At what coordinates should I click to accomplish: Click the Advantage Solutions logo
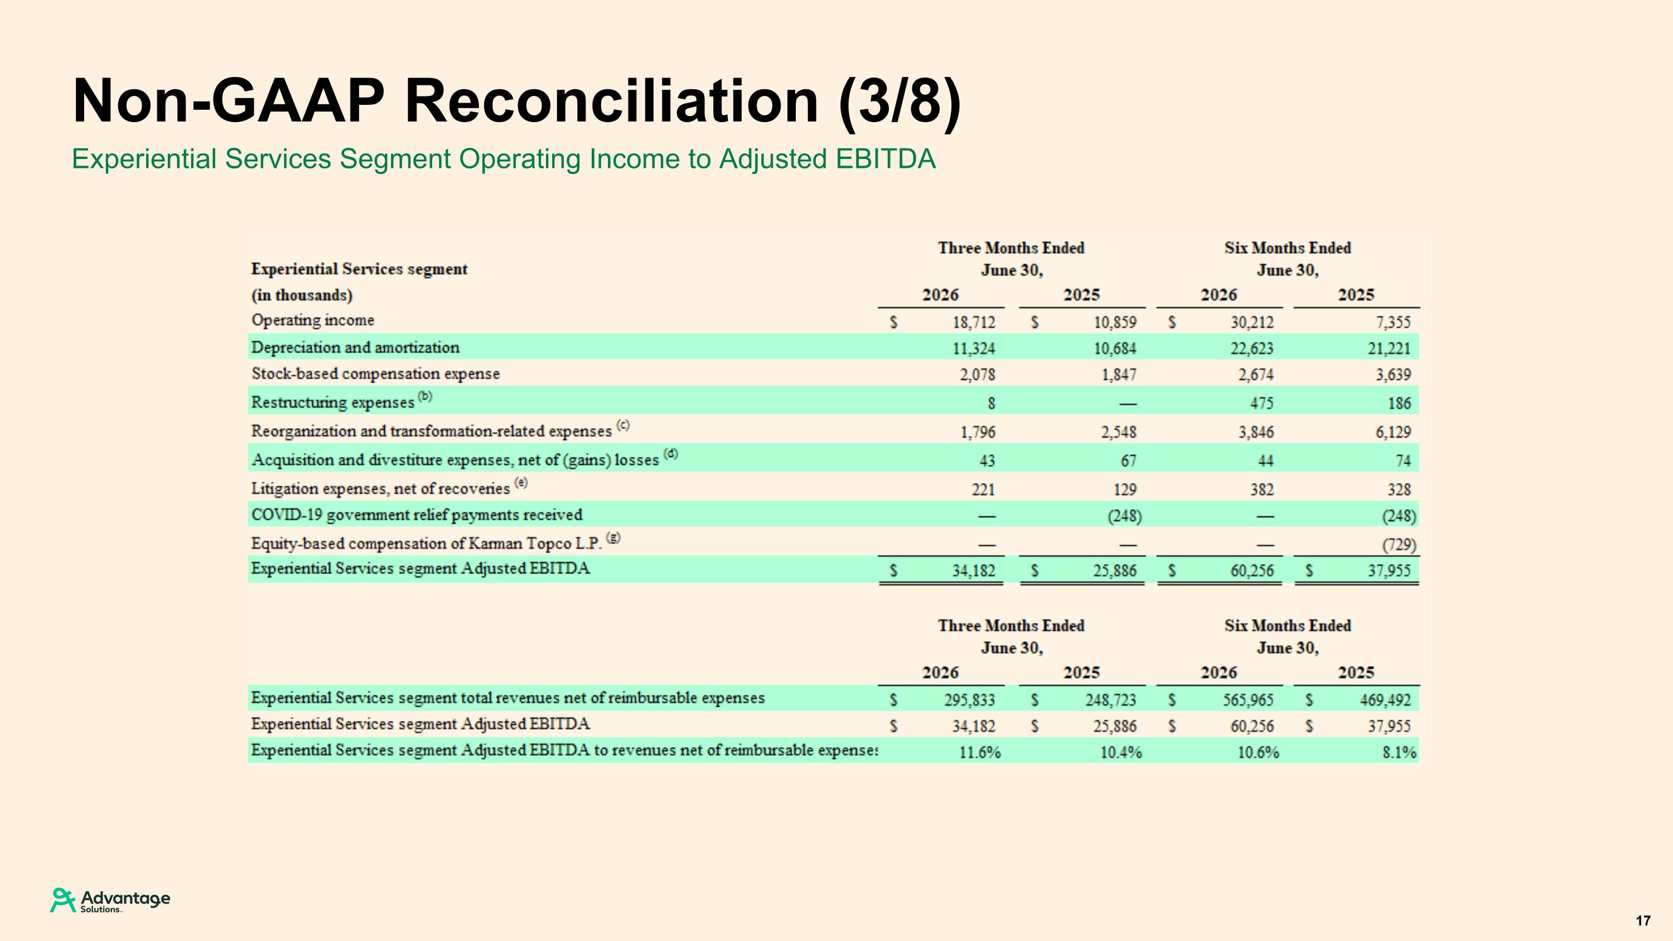[x=110, y=900]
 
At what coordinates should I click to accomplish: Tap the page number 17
[x=1643, y=921]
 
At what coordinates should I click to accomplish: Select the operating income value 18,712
[x=974, y=322]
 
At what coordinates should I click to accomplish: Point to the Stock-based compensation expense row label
[x=375, y=374]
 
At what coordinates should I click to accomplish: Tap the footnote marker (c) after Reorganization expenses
[x=623, y=426]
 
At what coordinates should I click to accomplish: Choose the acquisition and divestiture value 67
[x=1129, y=460]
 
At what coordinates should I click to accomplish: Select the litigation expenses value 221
[x=983, y=489]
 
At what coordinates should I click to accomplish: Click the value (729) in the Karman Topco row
[x=1399, y=544]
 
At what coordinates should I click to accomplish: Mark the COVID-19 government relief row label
[x=417, y=515]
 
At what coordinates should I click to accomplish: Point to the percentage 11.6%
[x=980, y=752]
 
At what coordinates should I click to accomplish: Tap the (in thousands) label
[x=302, y=296]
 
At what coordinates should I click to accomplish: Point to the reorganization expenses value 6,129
[x=1393, y=432]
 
